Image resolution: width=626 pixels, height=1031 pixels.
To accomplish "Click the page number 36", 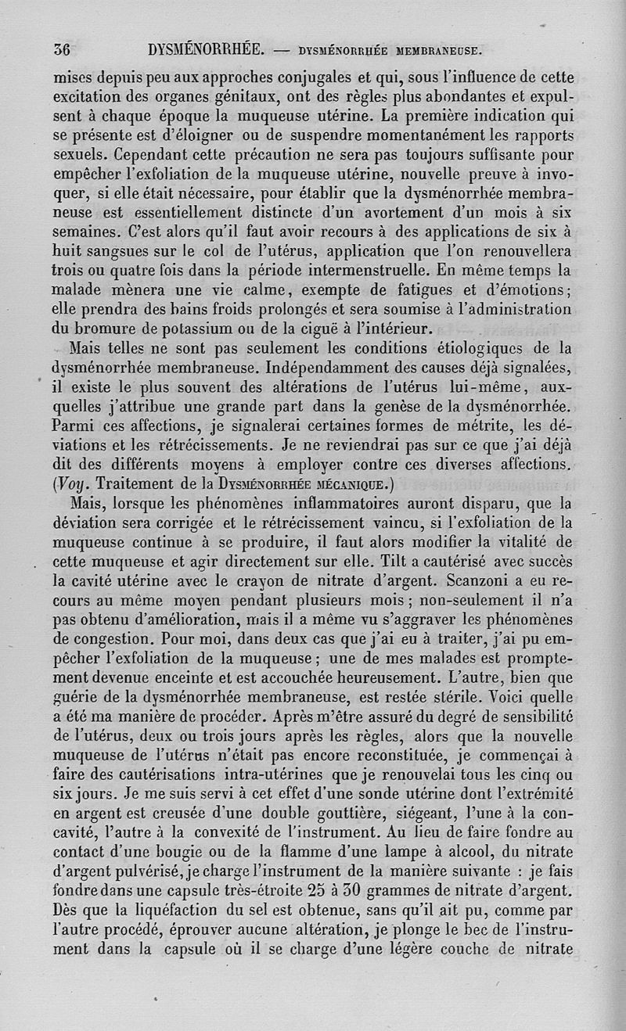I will point(62,50).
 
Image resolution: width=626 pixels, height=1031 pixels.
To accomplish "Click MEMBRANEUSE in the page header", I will point(438,52).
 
